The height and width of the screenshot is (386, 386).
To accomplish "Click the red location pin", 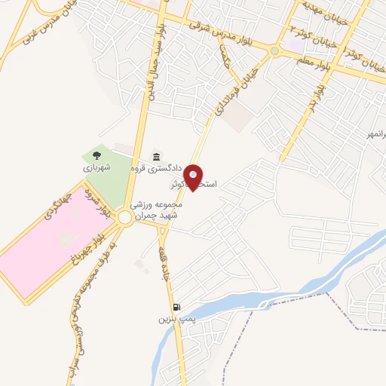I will coord(195,176).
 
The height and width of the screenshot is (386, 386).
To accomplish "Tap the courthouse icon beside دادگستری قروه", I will coord(155,157).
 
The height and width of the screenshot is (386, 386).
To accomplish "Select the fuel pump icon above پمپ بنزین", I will coord(176,308).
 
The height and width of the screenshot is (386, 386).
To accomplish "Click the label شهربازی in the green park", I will coord(96,167).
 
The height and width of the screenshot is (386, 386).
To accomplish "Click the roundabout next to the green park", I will coord(125,218).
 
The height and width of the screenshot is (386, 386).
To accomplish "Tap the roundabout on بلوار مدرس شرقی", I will coord(274,51).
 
